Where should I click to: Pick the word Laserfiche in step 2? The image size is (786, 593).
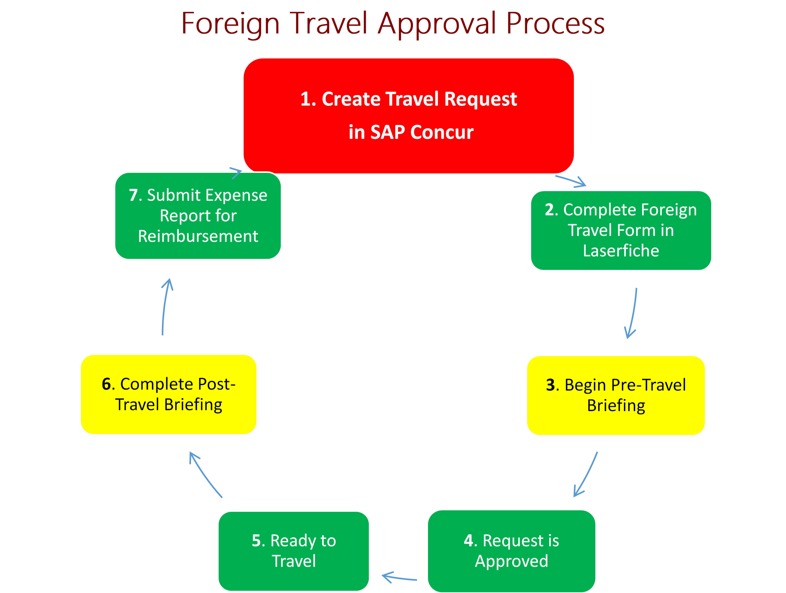pyautogui.click(x=621, y=251)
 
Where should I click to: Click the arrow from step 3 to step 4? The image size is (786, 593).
pyautogui.click(x=586, y=475)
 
